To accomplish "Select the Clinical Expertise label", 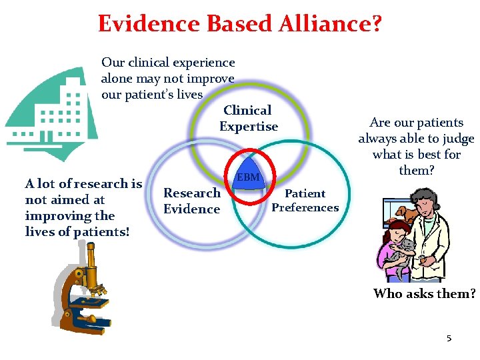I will coord(248,119).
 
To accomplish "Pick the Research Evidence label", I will coord(192,201).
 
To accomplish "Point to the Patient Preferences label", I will coord(305,201).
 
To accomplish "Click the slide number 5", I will coord(449,339).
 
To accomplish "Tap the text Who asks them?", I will coord(425,293).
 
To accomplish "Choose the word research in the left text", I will coord(97,183).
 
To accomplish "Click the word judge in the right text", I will coord(459,139).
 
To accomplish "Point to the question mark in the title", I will coord(376,23).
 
